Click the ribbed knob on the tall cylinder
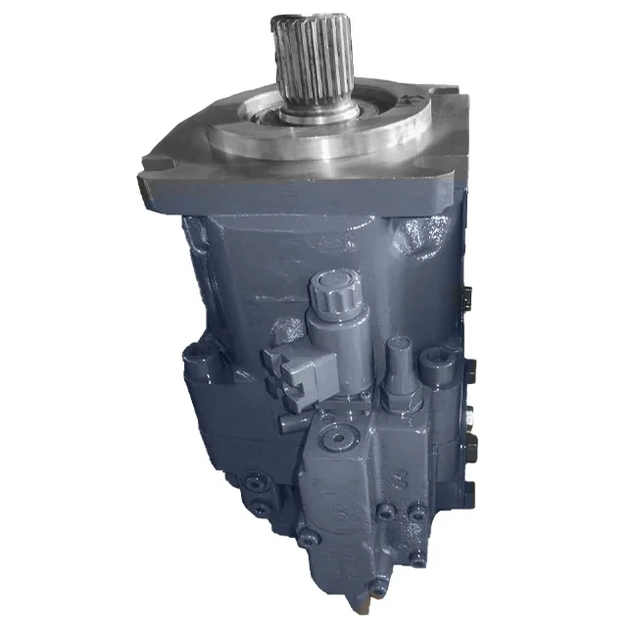coord(331,293)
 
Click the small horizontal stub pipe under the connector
coord(291,421)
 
